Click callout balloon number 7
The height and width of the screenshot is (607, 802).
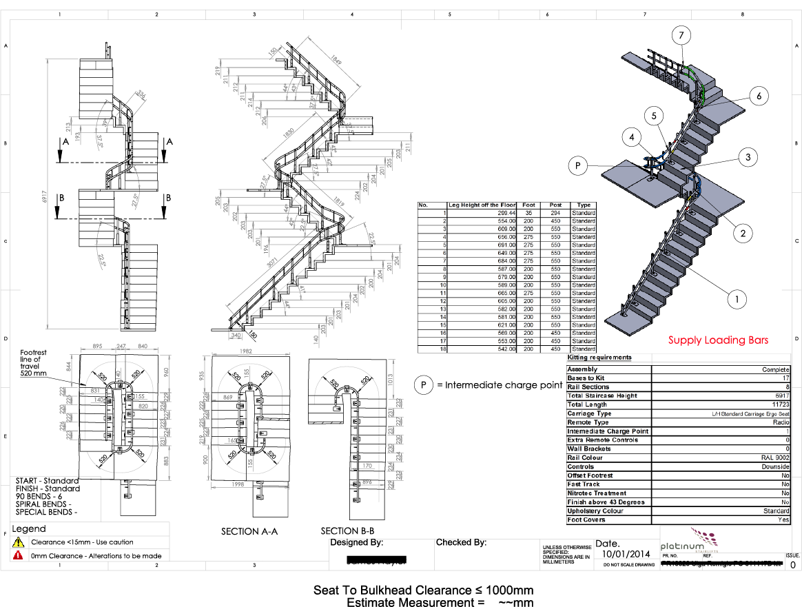point(681,35)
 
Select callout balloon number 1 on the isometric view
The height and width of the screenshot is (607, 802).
point(737,299)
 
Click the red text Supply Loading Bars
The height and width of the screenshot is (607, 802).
point(718,340)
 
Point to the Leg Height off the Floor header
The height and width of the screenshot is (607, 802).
point(482,205)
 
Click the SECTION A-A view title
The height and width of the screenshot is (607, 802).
point(249,531)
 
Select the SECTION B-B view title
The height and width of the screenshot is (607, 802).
point(347,531)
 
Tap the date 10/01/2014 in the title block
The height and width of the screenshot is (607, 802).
point(626,553)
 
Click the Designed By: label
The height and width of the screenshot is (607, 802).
point(356,542)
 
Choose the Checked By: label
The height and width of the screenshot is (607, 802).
point(461,542)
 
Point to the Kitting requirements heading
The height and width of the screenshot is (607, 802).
point(599,358)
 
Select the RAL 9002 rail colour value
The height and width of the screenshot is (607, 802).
point(776,457)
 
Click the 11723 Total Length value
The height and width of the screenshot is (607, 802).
point(781,404)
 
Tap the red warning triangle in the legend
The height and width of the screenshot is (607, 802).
point(18,555)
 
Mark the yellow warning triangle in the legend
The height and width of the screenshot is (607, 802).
point(18,542)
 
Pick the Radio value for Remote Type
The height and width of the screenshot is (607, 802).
point(781,422)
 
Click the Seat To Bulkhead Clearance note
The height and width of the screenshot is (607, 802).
point(423,590)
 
